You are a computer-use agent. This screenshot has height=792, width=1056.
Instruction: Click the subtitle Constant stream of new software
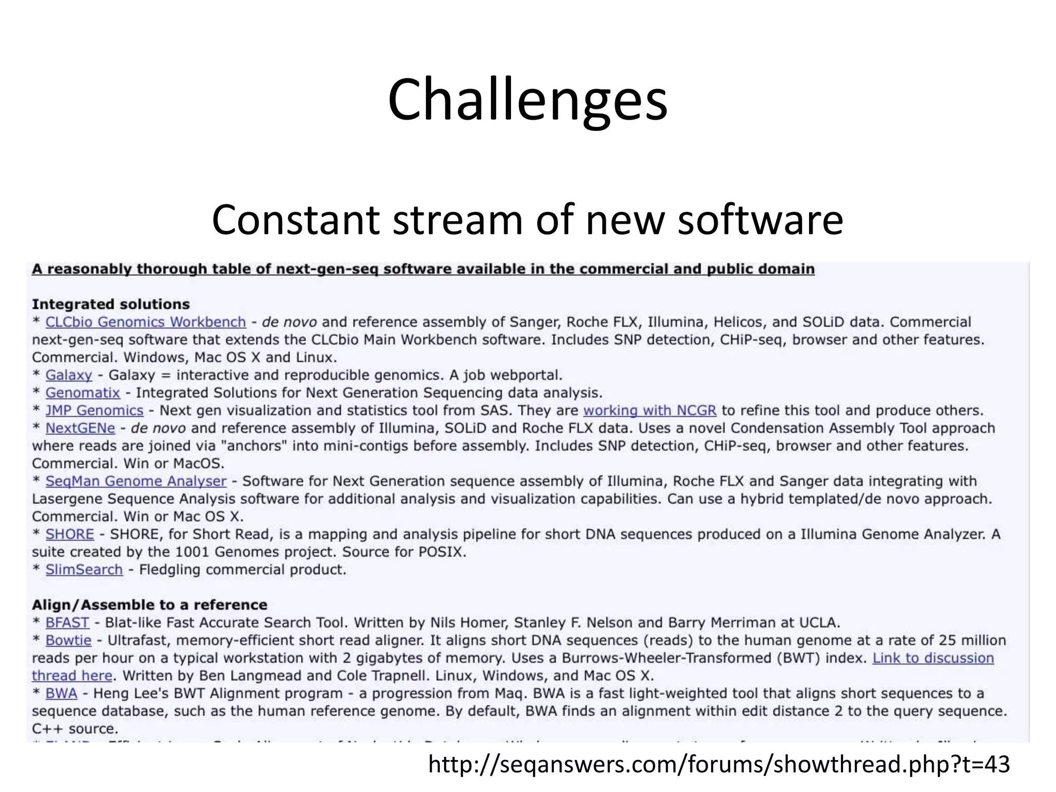pyautogui.click(x=527, y=220)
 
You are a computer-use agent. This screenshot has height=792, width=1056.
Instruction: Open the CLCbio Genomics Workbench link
pyautogui.click(x=145, y=322)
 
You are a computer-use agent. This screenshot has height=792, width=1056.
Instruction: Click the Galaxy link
pyautogui.click(x=69, y=375)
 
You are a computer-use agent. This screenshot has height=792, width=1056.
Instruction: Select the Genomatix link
pyautogui.click(x=82, y=393)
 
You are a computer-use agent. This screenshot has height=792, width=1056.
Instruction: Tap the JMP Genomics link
pyautogui.click(x=94, y=410)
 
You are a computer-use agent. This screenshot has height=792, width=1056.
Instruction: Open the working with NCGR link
pyautogui.click(x=650, y=410)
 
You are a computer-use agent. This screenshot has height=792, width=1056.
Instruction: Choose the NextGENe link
pyautogui.click(x=80, y=428)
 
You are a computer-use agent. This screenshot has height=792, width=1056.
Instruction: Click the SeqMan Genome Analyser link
pyautogui.click(x=136, y=481)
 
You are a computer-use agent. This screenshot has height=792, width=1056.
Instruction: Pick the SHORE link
pyautogui.click(x=70, y=534)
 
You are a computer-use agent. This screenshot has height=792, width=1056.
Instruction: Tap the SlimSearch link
pyautogui.click(x=84, y=570)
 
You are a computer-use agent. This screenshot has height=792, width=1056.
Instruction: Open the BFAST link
pyautogui.click(x=67, y=623)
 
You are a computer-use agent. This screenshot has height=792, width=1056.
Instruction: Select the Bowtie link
pyautogui.click(x=68, y=640)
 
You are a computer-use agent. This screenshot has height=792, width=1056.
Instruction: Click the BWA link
pyautogui.click(x=61, y=694)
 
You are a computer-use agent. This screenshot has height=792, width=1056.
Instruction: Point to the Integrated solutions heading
pyautogui.click(x=111, y=304)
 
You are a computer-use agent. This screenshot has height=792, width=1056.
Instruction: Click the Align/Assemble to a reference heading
pyautogui.click(x=150, y=605)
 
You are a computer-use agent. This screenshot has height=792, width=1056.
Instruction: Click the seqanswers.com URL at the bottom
pyautogui.click(x=719, y=765)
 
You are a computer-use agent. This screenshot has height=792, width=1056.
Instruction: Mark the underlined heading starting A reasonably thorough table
pyautogui.click(x=423, y=269)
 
